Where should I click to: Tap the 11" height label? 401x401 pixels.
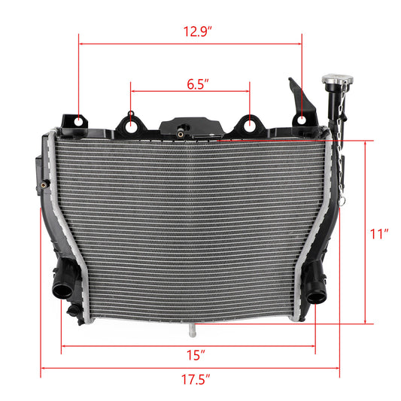click(379, 233)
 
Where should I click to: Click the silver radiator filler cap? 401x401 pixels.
click(331, 79)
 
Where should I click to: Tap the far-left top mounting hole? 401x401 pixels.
click(78, 120)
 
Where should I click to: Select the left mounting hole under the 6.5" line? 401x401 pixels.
click(132, 125)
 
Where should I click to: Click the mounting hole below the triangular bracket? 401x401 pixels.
click(302, 120)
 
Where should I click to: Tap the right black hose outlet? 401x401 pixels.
click(317, 288)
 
